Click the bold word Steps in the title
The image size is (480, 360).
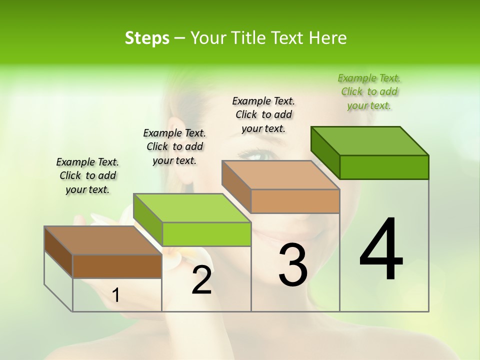[x=147, y=38]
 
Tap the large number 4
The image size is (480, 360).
[x=381, y=250]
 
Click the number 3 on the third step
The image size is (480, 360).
[x=293, y=265]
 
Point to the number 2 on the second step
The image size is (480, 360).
[x=201, y=280]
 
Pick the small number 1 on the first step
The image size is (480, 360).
[x=115, y=295]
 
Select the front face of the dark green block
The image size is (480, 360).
[x=384, y=167]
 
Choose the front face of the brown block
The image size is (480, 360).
[x=117, y=266]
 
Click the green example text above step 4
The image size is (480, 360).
[x=369, y=91]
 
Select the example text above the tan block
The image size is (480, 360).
[x=263, y=114]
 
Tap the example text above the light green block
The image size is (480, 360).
[x=174, y=146]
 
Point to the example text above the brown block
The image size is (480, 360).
[x=87, y=175]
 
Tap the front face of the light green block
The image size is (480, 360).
[x=206, y=234]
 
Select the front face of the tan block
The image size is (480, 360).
[x=295, y=201]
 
